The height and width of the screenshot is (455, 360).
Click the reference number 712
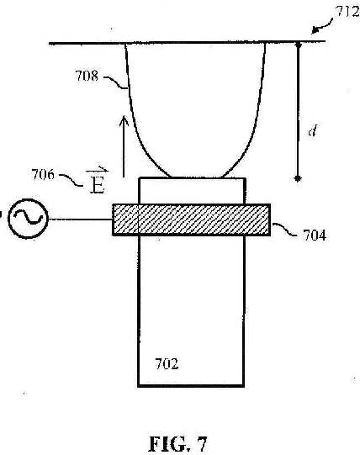(x=347, y=12)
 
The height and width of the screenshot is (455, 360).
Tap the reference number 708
(x=87, y=76)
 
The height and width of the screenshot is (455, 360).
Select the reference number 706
(x=43, y=175)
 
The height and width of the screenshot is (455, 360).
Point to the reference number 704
(x=315, y=235)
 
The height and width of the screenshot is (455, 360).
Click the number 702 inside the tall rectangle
(x=167, y=364)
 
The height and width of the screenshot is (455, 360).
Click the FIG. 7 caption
(x=178, y=444)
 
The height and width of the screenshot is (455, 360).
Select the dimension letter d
(x=312, y=130)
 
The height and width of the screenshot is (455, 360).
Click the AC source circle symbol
(x=28, y=219)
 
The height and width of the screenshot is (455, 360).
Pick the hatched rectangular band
(x=192, y=220)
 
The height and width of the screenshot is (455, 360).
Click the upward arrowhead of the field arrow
(x=124, y=121)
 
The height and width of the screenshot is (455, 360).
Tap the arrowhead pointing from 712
(x=315, y=31)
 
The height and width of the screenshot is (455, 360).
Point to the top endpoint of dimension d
(x=298, y=45)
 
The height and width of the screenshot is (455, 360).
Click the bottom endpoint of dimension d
(x=297, y=178)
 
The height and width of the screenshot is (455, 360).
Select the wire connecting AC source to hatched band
(x=81, y=220)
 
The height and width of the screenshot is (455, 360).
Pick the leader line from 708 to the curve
(x=116, y=82)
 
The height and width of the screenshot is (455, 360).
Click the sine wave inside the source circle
(x=27, y=217)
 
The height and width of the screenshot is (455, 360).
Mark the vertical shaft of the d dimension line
(x=298, y=111)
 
